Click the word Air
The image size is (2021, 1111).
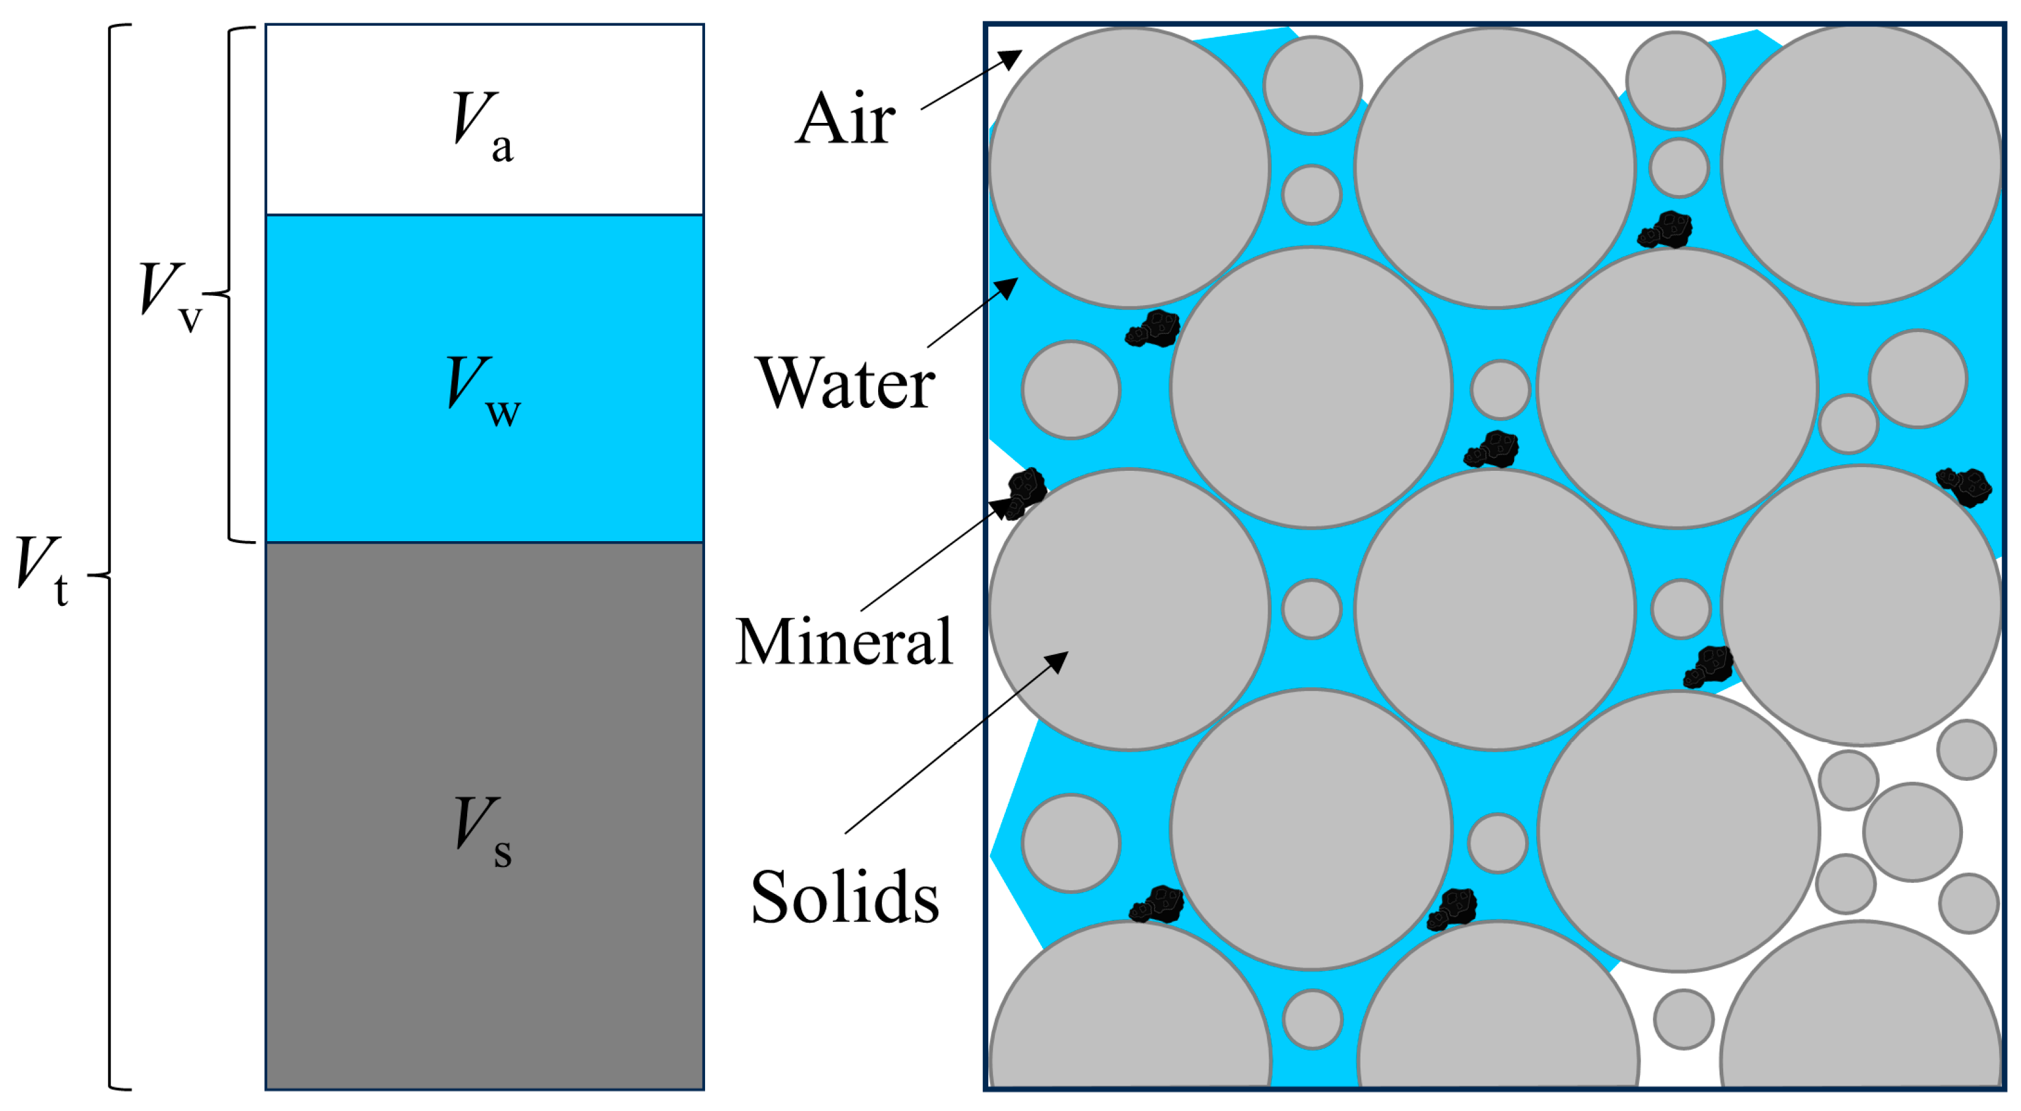845,119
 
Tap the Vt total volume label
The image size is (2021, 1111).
42,568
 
